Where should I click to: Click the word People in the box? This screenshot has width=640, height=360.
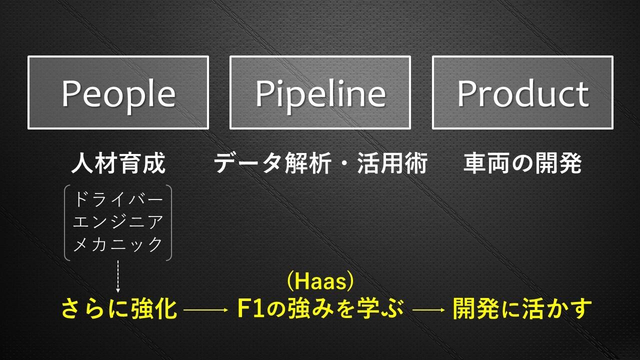[x=118, y=95]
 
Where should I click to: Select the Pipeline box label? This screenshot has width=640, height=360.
[x=320, y=95]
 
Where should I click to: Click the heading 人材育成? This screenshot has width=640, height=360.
[x=118, y=163]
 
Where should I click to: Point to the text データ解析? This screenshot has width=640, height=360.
[x=272, y=163]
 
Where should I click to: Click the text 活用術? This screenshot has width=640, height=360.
[x=392, y=163]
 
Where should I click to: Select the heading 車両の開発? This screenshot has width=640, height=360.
[x=522, y=163]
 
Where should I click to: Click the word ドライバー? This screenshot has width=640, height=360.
[x=118, y=199]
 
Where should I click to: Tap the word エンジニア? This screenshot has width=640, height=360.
[x=118, y=222]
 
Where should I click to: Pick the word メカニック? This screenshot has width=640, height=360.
[x=118, y=244]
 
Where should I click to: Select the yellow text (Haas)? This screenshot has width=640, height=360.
[x=320, y=281]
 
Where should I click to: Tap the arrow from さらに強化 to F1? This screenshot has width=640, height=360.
[x=205, y=309]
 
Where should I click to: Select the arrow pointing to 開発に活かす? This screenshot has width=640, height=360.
[x=428, y=309]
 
